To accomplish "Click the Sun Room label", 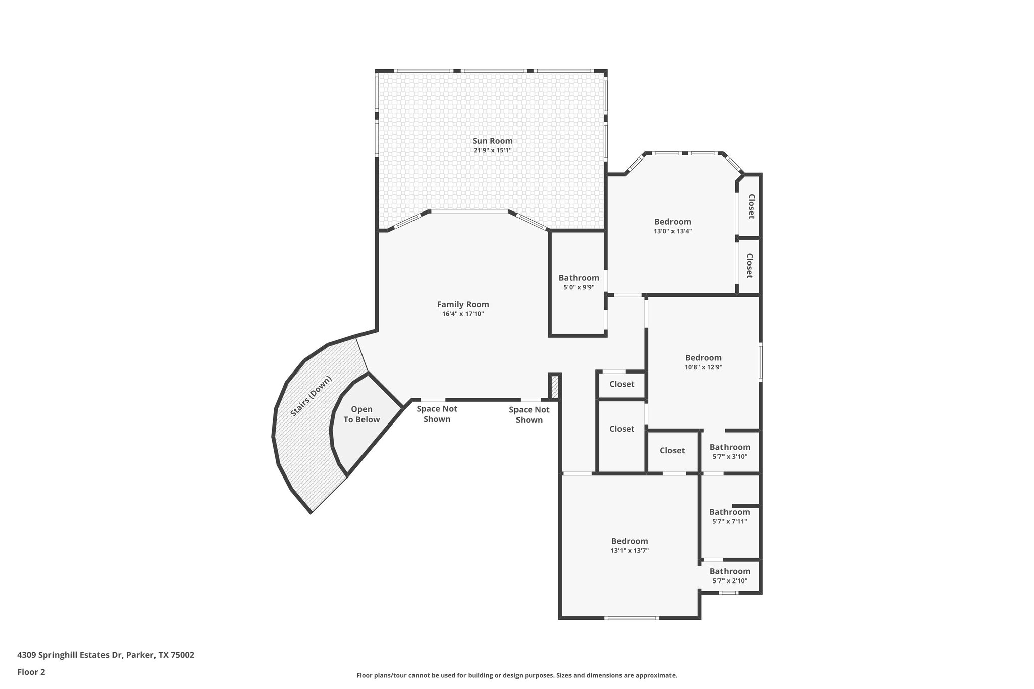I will coord(492,141).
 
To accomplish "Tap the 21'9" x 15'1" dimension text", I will coord(492,150).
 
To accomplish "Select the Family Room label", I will coord(462,304).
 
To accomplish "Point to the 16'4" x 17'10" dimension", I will coord(462,314).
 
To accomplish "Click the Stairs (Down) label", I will coord(311,396).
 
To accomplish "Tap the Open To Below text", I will coord(361,414).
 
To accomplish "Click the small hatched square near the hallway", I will coord(555,387).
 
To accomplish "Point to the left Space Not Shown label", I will coord(437,414).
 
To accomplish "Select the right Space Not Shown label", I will coord(529,415).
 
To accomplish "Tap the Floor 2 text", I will coord(31,672).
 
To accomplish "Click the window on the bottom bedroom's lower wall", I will coord(631,618).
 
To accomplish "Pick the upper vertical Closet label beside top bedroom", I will coord(751,206).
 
